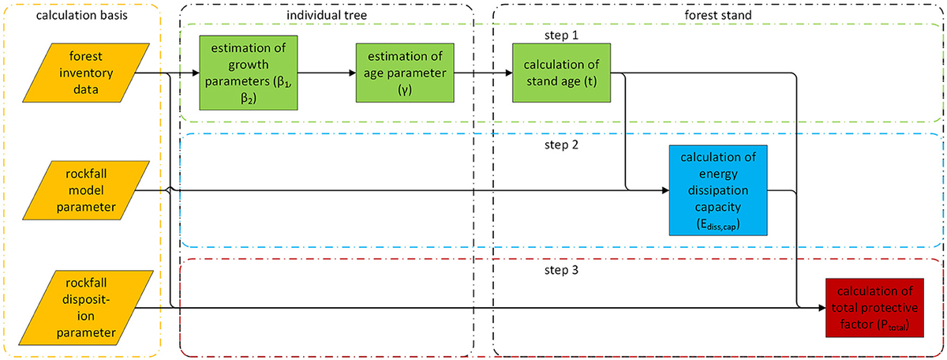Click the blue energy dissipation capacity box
[717, 190]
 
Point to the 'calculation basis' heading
[80, 13]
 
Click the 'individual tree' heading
[326, 13]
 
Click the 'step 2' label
[561, 144]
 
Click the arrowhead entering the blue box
[664, 190]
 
